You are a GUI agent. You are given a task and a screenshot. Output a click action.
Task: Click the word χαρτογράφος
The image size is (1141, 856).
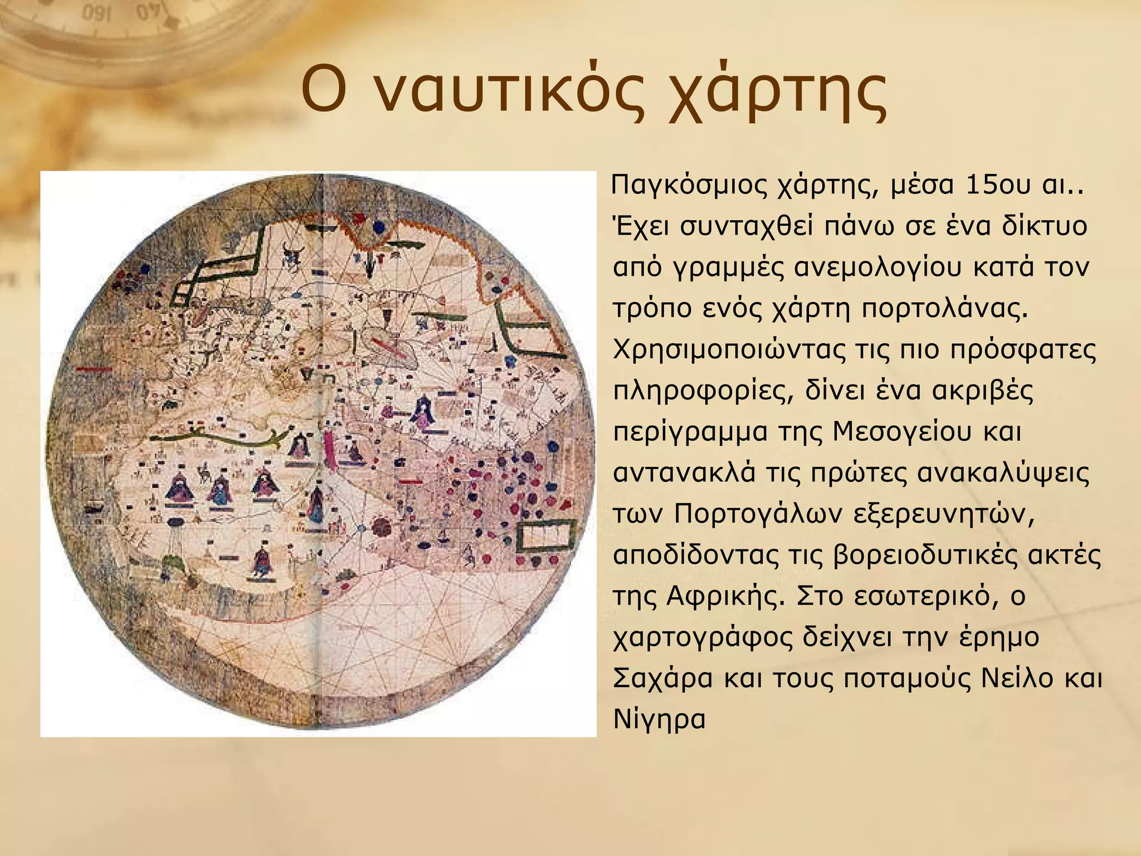(x=703, y=638)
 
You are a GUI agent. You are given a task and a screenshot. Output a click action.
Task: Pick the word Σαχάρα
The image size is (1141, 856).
(x=662, y=678)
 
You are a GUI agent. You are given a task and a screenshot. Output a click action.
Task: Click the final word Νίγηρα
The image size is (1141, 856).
(x=659, y=719)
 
